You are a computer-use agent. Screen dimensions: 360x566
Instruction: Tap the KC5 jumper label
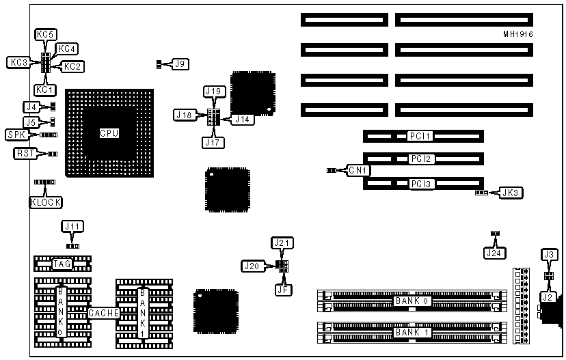pos(45,33)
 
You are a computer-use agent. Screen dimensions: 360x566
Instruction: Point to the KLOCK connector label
pos(46,202)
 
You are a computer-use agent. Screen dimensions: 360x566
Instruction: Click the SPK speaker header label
pos(15,135)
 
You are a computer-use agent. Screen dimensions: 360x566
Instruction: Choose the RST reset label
pos(23,154)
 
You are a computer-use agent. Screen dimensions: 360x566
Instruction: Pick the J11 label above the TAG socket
pos(72,225)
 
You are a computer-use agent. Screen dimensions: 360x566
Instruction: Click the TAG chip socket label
pos(62,264)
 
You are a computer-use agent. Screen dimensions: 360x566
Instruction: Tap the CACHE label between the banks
pos(104,314)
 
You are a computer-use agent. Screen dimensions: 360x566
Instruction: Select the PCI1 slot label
pos(420,137)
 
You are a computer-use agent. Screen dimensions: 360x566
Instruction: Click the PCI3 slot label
pos(420,184)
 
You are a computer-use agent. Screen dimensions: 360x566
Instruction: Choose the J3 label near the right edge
pos(548,255)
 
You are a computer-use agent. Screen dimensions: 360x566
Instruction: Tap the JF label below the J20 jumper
pos(282,289)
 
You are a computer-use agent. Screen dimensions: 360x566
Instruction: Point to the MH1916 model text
pos(518,33)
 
